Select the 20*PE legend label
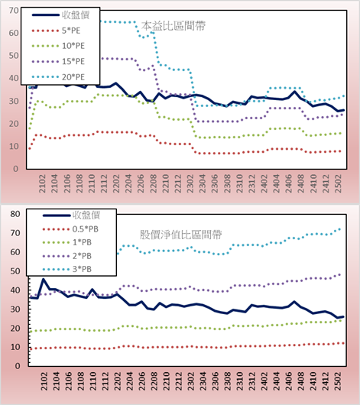pos(73,77)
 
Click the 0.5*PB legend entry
pos(70,229)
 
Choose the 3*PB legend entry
pos(67,269)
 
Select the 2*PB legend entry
pos(67,256)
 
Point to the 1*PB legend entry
pos(67,242)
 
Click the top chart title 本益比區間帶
pos(174,26)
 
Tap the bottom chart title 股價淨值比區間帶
pos(180,235)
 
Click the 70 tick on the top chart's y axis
pos(14,11)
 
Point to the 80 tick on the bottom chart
pos(15,214)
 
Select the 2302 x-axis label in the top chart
pos(190,183)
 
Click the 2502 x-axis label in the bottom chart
pos(338,381)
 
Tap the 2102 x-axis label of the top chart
pos(42,183)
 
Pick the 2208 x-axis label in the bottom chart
pos(154,381)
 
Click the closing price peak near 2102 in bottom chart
pos(43,279)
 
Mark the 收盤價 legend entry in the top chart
pos(60,15)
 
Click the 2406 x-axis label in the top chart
pos(289,183)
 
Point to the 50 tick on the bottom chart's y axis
pos(15,271)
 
